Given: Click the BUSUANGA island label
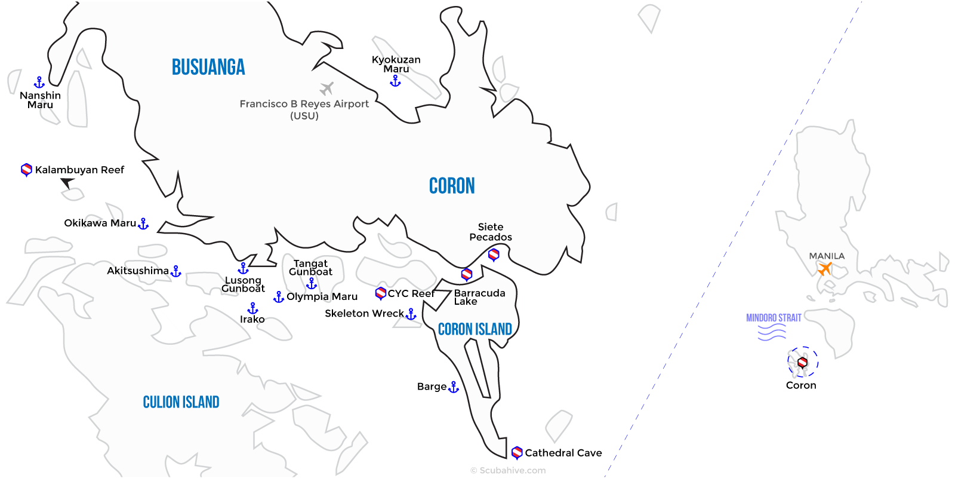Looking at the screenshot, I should point(208,67).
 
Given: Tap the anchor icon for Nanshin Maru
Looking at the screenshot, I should point(39,82).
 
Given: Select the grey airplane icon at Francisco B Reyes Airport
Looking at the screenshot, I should point(326,89).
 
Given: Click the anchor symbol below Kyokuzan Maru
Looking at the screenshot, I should point(395,81).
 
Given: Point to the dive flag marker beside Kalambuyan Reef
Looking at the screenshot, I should point(26,170).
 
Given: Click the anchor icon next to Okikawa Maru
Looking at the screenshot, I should point(143,224).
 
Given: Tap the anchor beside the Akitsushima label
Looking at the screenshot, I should point(175,272).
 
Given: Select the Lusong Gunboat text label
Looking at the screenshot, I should point(243,284).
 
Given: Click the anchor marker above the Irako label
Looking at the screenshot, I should point(253,308).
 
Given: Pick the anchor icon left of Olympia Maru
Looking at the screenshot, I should point(279,297).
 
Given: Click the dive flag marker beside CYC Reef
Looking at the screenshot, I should point(380,293).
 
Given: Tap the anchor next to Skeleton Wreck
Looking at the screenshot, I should point(411,314).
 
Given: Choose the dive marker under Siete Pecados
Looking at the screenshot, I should point(494,255).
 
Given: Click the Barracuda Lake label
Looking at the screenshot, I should point(479,297).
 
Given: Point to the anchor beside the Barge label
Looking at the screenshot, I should point(454,387).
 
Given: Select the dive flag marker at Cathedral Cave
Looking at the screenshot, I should point(517,452).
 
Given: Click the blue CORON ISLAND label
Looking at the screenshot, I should point(475,329).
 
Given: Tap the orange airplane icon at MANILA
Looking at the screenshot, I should point(825,269).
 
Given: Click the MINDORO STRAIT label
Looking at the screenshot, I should point(774,318).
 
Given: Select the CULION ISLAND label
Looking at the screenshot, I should point(181,402).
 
